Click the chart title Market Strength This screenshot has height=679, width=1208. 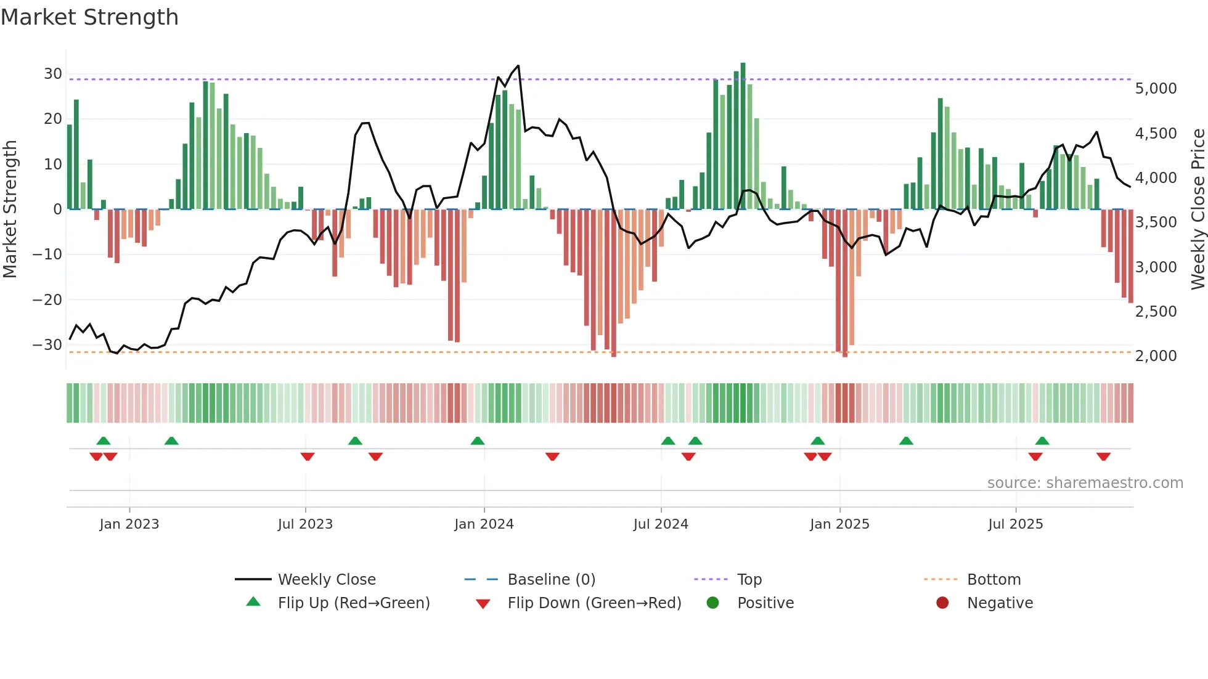pos(89,17)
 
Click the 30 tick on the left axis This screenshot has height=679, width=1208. pos(52,74)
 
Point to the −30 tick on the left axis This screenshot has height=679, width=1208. pos(47,345)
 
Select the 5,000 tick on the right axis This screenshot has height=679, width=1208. pos(1156,89)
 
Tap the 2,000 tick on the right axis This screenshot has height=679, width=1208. pos(1156,356)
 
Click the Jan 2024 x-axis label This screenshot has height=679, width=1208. pos(484,524)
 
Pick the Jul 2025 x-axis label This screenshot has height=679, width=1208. pos(1015,524)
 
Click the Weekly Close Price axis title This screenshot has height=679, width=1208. pos(1198,209)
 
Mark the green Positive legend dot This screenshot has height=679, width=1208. pos(713,603)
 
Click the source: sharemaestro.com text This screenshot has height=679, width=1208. pos(1085,483)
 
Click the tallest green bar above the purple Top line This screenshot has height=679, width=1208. pos(743,68)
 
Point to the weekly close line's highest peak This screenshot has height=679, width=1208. pos(518,66)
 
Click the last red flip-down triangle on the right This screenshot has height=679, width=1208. pos(1103,457)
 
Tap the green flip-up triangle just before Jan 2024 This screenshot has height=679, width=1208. pos(477,441)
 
